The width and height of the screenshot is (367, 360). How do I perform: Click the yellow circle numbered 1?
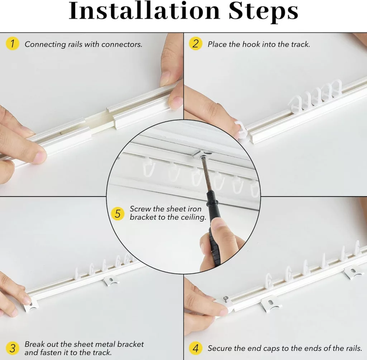pyautogui.click(x=12, y=43)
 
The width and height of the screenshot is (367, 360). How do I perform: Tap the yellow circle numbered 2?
pyautogui.click(x=195, y=43)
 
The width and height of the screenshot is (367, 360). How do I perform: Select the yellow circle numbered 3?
pyautogui.click(x=12, y=348)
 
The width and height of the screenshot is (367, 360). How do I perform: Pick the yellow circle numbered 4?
pyautogui.click(x=195, y=348)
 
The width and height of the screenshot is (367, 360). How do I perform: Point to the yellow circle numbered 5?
pyautogui.click(x=118, y=214)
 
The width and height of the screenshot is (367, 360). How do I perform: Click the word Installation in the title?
pyautogui.click(x=144, y=11)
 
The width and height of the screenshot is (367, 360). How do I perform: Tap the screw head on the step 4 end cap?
pyautogui.click(x=226, y=299)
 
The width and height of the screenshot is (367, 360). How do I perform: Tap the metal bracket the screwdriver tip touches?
pyautogui.click(x=202, y=153)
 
